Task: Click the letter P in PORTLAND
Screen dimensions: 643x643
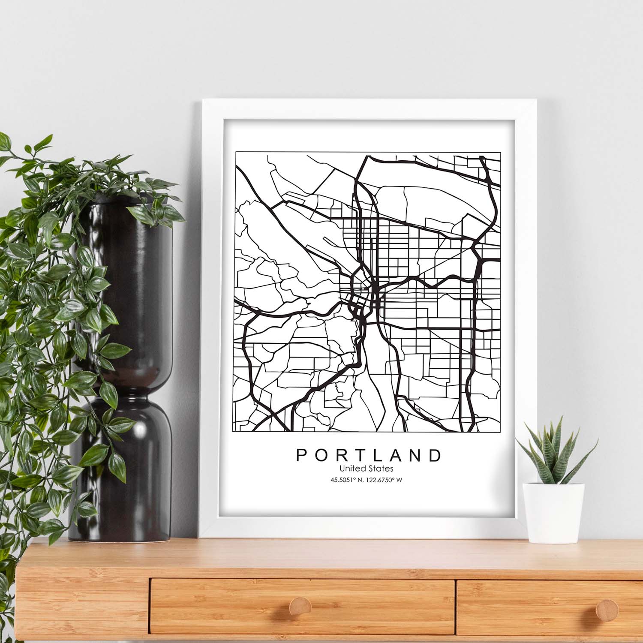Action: coord(302,455)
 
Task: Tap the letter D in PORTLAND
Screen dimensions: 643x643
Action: coord(434,455)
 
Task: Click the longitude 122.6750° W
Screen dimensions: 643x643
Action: coord(384,480)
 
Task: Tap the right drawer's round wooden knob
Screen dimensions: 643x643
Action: coord(607,609)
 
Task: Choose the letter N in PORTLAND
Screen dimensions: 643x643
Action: coord(415,455)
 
